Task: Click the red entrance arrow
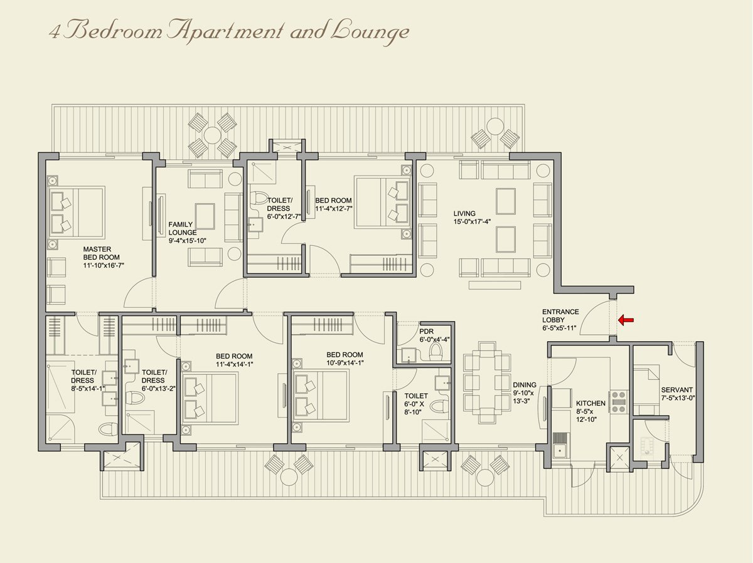point(626,320)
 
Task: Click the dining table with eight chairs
point(487,382)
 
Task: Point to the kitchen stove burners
point(619,401)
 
